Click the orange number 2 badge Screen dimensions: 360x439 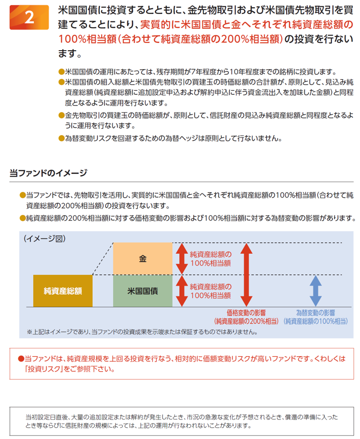[29, 17]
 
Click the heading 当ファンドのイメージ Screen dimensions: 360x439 [48, 173]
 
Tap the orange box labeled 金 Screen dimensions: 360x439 [142, 259]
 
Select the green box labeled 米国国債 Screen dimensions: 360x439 [142, 291]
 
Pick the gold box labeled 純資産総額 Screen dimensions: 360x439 [63, 291]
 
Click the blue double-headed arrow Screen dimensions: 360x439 [315, 291]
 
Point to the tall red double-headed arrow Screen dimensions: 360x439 [246, 275]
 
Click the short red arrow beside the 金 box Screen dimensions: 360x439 [182, 259]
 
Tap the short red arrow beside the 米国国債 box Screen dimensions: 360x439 [182, 291]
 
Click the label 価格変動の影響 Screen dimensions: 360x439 [246, 313]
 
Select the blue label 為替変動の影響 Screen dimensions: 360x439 [315, 313]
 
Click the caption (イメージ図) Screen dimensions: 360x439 [45, 238]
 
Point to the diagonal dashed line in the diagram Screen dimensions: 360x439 [103, 259]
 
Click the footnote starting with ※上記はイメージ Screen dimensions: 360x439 [142, 332]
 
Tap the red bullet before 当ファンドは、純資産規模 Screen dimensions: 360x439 [21, 359]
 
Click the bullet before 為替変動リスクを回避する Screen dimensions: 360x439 [61, 138]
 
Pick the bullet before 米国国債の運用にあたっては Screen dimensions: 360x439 [61, 72]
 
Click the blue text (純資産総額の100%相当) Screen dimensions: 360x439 [315, 321]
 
